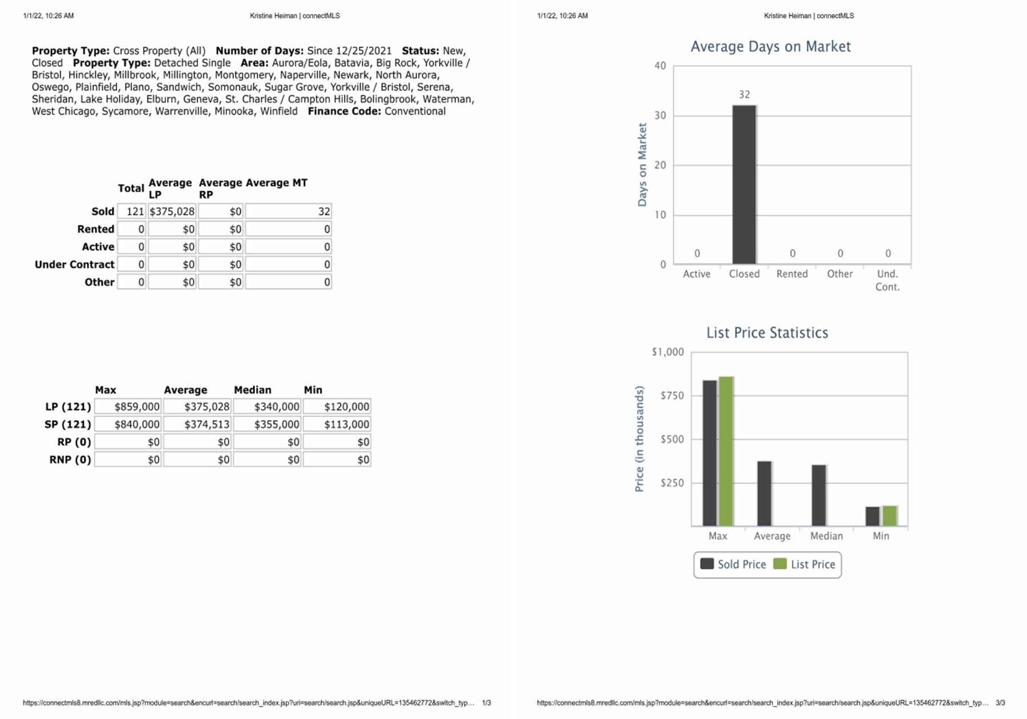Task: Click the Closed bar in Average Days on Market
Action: click(744, 184)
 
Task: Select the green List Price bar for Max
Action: click(726, 451)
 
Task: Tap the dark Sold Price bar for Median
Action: click(819, 495)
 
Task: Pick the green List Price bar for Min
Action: click(889, 516)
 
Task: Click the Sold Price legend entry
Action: click(733, 564)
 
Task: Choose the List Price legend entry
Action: click(804, 564)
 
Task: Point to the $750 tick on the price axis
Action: click(672, 395)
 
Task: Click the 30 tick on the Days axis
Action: click(660, 115)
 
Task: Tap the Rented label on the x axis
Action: click(792, 274)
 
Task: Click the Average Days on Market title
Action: click(771, 46)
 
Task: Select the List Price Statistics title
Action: click(767, 333)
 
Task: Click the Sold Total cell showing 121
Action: click(132, 212)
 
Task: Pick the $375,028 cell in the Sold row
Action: click(172, 212)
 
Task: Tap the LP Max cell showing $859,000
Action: click(128, 407)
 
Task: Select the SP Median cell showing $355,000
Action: click(267, 425)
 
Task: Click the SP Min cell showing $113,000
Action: click(337, 425)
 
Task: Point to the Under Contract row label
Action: click(75, 264)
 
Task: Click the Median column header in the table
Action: click(253, 390)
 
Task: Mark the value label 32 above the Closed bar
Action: click(744, 95)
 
